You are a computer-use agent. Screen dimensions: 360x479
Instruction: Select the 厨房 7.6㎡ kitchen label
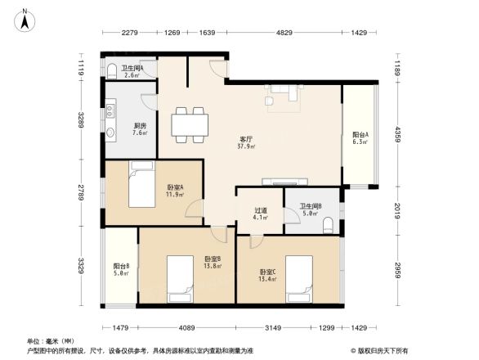[x=140, y=129]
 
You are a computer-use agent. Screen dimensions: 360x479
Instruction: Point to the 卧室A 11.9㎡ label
[x=175, y=190]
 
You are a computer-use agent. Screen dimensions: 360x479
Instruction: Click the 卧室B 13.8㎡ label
[x=213, y=263]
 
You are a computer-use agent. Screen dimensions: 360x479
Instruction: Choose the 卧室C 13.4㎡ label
[x=268, y=275]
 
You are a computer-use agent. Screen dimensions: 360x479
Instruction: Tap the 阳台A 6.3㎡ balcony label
[x=360, y=138]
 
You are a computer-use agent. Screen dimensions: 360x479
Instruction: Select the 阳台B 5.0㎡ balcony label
[x=122, y=269]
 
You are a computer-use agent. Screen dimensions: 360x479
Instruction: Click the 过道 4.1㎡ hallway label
[x=261, y=214]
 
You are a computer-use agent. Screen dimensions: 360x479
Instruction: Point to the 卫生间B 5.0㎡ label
[x=310, y=210]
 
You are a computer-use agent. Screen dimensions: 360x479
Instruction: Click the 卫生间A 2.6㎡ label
[x=132, y=71]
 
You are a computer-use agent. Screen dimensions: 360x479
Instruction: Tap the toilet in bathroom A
[x=111, y=70]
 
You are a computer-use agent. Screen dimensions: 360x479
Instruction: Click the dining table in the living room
[x=188, y=124]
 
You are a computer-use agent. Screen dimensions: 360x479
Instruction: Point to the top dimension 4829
[x=284, y=34]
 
